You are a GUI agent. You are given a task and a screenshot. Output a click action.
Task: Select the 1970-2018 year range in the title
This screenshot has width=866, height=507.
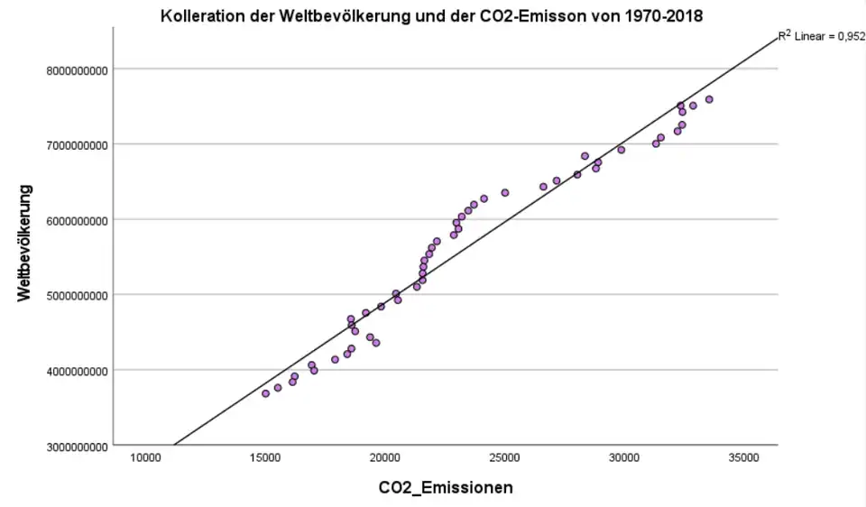pyautogui.click(x=662, y=16)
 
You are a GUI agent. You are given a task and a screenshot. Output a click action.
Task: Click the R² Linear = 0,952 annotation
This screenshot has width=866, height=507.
pyautogui.click(x=820, y=37)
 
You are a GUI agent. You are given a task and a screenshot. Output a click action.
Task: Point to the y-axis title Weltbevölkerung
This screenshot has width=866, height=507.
pyautogui.click(x=26, y=243)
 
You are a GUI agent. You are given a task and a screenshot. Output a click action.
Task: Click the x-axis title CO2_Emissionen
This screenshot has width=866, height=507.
pyautogui.click(x=446, y=488)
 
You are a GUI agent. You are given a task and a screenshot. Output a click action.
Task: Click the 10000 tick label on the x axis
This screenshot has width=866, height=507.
pyautogui.click(x=146, y=458)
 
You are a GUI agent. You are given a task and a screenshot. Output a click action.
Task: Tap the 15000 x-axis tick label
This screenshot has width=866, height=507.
pyautogui.click(x=265, y=458)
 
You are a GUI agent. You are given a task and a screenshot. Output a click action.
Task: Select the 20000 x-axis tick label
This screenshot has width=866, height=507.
pyautogui.click(x=385, y=458)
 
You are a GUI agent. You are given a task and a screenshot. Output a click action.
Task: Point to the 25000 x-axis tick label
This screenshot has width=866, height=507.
pyautogui.click(x=504, y=458)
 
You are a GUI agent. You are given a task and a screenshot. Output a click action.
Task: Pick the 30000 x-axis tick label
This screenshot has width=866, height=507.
pyautogui.click(x=624, y=458)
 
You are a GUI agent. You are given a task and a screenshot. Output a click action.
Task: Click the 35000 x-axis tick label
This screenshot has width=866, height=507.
pyautogui.click(x=743, y=458)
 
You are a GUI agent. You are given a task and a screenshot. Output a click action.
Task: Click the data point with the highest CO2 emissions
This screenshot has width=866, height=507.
pyautogui.click(x=709, y=99)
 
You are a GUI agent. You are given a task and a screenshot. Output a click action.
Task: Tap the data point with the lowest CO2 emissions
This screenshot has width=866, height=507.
pyautogui.click(x=265, y=393)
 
